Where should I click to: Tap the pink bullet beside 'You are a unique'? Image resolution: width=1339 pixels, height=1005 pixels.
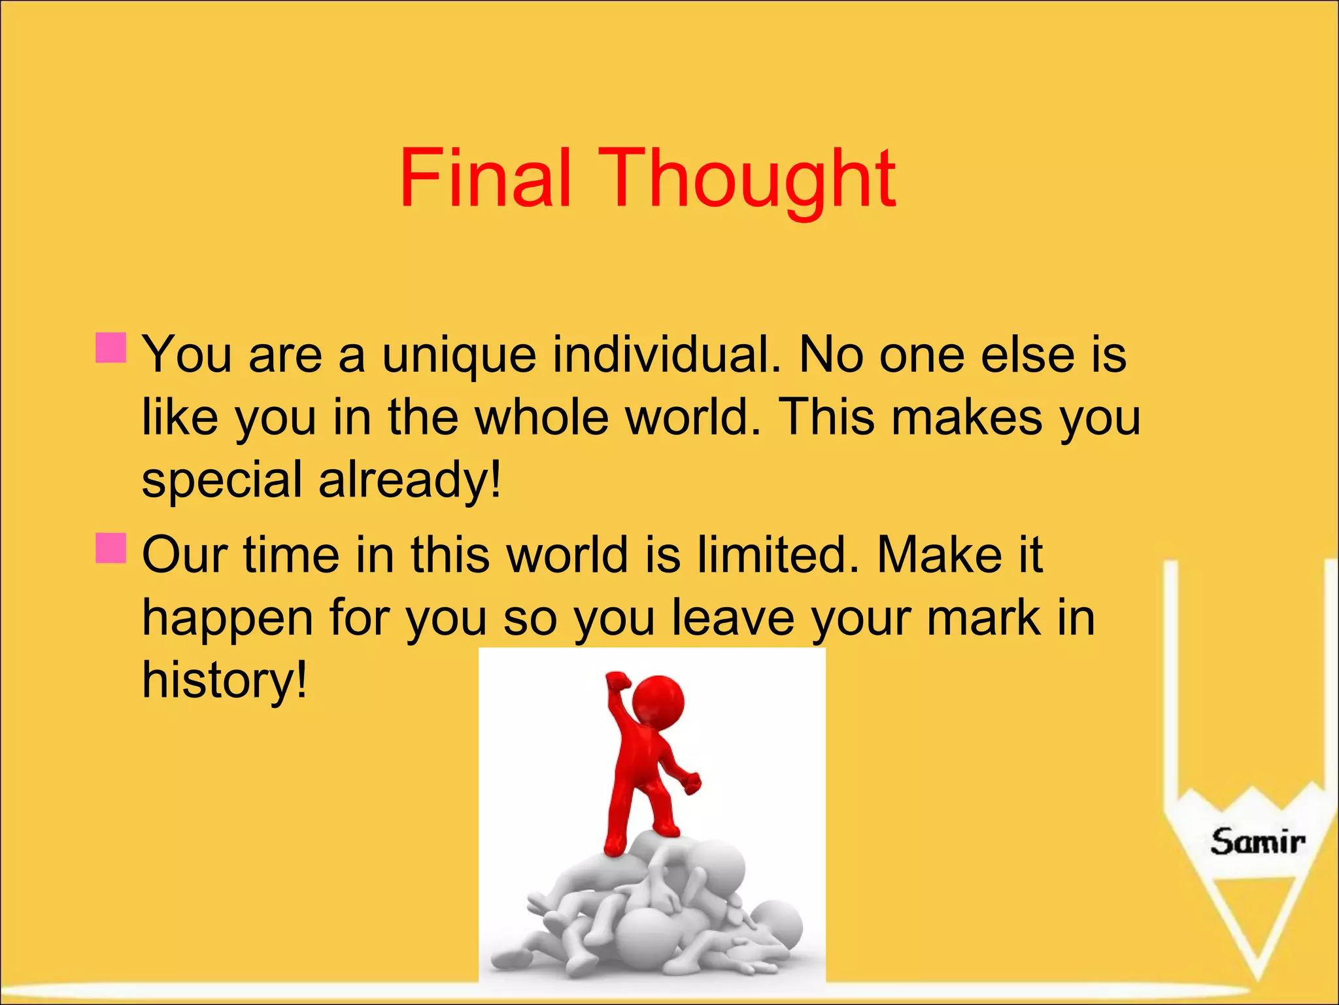(110, 347)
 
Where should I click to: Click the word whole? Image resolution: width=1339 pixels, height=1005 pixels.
(542, 417)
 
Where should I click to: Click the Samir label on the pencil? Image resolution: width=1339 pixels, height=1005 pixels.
(1257, 841)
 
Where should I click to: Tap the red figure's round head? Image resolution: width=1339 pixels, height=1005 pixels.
(658, 700)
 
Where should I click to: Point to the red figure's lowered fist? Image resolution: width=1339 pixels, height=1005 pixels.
(692, 782)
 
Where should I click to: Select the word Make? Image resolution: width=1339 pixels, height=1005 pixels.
(939, 555)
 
